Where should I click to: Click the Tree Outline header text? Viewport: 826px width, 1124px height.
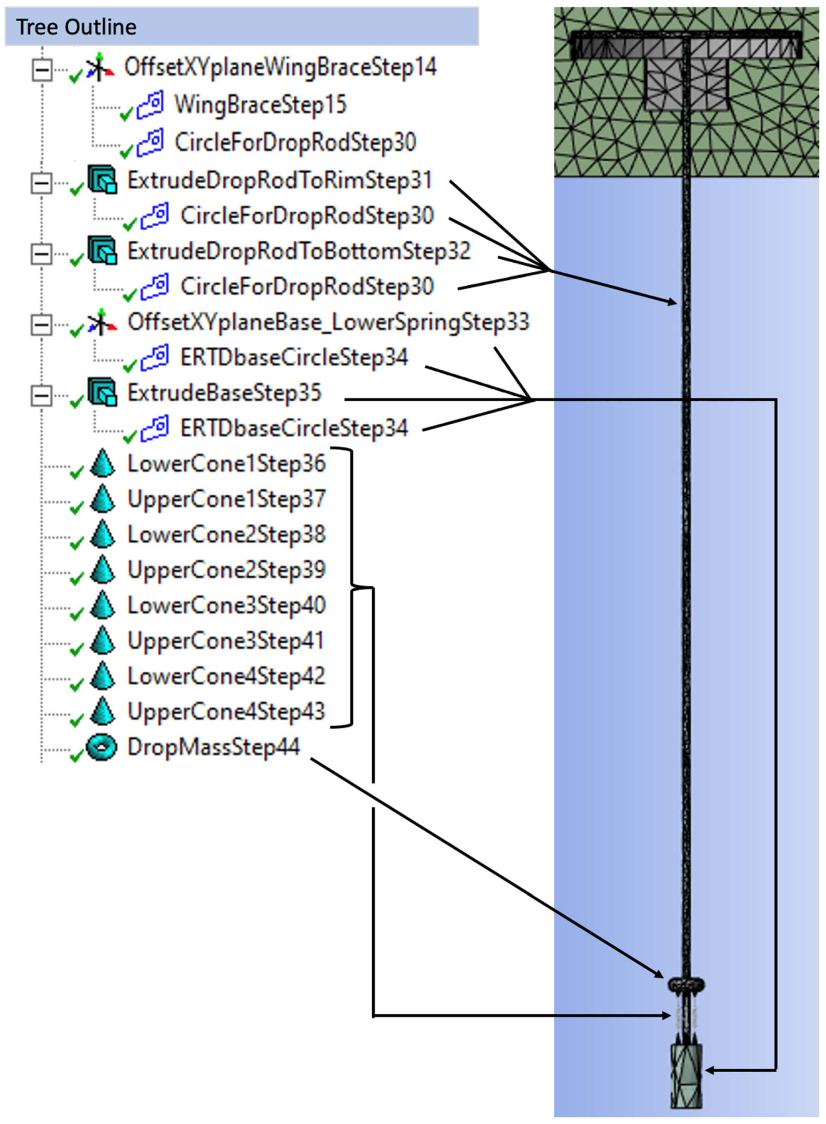click(x=76, y=27)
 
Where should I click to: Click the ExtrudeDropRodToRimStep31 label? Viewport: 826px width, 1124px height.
click(x=279, y=181)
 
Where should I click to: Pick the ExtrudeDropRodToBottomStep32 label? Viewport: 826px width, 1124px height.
click(x=299, y=251)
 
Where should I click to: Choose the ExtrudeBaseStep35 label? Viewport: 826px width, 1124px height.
click(x=224, y=393)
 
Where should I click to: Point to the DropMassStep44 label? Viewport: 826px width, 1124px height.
click(x=213, y=747)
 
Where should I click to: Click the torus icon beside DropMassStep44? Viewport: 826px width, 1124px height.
click(x=102, y=747)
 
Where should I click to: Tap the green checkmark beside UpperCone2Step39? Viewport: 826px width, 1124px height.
click(x=76, y=578)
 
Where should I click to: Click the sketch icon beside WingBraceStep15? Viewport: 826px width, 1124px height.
click(x=150, y=105)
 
